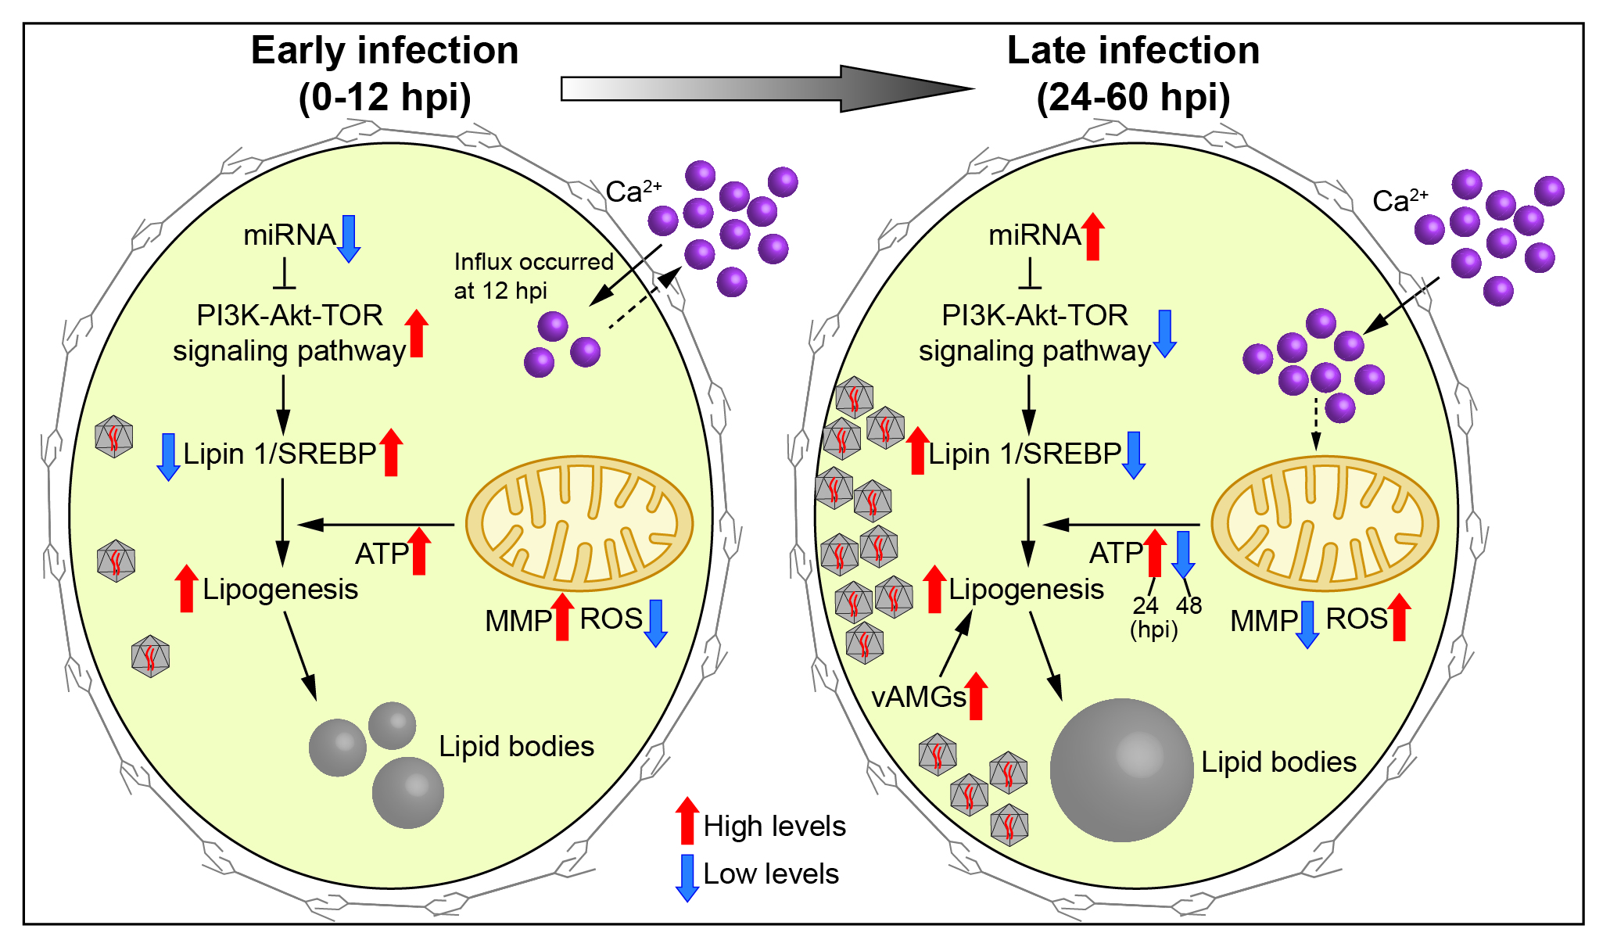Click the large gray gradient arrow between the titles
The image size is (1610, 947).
[x=766, y=88]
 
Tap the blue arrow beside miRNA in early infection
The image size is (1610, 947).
[x=349, y=238]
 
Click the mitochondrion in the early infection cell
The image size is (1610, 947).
[x=579, y=523]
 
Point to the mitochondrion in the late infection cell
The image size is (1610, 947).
[x=1324, y=523]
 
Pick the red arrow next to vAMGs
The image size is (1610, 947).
[x=976, y=695]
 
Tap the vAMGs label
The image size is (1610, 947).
[x=918, y=696]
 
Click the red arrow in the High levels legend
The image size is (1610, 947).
[x=687, y=820]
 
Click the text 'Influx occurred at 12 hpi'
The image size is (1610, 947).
[x=533, y=276]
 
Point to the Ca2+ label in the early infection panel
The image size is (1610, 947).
[x=633, y=190]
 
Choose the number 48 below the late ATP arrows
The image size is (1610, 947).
[x=1189, y=605]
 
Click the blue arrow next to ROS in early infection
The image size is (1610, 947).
[x=655, y=622]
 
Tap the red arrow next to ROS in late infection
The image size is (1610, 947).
[x=1399, y=617]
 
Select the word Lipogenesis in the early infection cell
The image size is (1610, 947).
[x=280, y=589]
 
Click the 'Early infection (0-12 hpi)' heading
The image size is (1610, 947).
[x=385, y=74]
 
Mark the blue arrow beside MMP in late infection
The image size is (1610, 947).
[x=1307, y=624]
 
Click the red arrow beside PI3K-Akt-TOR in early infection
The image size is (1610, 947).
[x=417, y=333]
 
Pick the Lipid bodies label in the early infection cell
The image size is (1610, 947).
[x=516, y=746]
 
